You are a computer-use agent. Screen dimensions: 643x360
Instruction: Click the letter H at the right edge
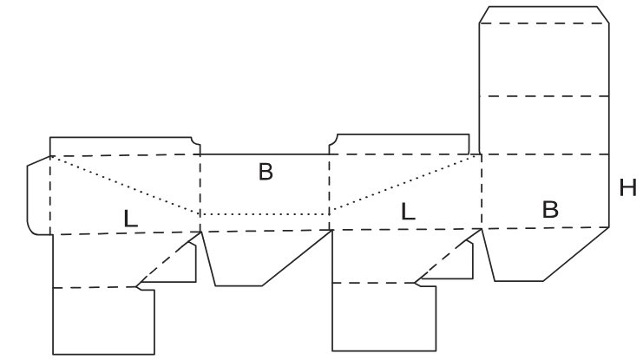coord(628,187)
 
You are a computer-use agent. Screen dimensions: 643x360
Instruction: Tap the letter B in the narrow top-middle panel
coord(266,172)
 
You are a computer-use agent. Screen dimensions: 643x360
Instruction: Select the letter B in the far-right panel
coord(550,210)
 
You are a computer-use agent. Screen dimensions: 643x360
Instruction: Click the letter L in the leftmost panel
coord(130,219)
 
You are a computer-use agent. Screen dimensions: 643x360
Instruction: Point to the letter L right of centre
coord(408,212)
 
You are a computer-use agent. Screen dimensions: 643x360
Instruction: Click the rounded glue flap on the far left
coord(38,195)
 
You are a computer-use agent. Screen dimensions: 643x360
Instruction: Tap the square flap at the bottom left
coord(103,321)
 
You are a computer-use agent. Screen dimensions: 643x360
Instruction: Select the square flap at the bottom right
coord(384,317)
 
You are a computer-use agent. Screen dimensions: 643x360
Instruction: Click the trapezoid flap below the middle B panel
coord(262,259)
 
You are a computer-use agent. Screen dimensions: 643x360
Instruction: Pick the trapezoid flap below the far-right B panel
coord(541,254)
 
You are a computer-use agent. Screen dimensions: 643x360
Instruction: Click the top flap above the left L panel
coord(123,147)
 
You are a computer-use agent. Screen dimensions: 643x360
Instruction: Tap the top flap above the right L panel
coord(400,144)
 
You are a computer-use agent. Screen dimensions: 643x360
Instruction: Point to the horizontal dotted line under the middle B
coord(265,214)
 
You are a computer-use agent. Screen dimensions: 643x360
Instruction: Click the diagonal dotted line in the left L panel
coord(125,185)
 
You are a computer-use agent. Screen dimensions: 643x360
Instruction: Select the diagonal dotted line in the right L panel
coord(405,182)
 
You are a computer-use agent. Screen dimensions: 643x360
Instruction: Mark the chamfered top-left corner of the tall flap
coord(484,15)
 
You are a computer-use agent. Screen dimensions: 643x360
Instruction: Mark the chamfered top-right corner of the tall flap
coord(603,15)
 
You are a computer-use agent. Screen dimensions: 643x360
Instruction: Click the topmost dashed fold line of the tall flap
coord(544,23)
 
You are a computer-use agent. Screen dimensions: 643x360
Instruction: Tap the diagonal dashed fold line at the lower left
coord(168,259)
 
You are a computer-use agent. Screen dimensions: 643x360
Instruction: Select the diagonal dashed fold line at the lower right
coord(449,256)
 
